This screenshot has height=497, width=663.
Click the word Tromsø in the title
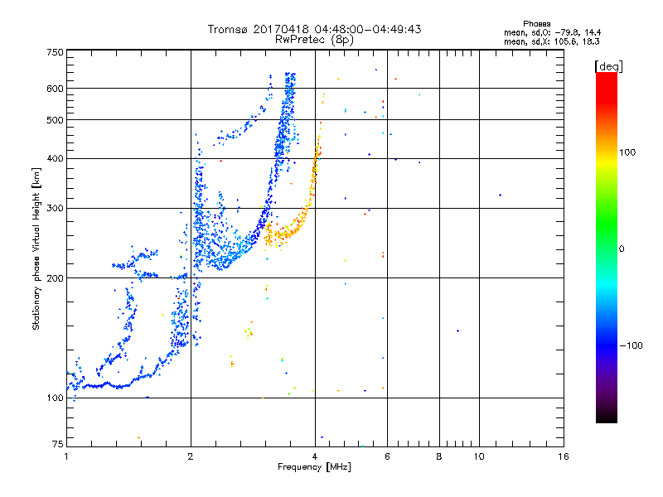(229, 29)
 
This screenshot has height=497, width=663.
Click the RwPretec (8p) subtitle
(314, 40)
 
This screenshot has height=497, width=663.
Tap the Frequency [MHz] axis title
(314, 467)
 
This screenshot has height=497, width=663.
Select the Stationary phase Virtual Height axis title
(36, 249)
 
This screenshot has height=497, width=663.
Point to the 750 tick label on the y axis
(55, 52)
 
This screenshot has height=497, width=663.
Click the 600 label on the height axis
(55, 89)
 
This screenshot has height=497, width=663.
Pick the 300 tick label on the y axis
(55, 209)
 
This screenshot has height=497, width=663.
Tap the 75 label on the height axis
(58, 444)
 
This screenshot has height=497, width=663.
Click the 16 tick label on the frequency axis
(564, 456)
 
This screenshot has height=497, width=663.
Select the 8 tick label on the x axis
(439, 456)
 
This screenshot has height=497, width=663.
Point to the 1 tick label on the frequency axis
(66, 456)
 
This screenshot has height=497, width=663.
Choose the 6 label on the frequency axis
(387, 456)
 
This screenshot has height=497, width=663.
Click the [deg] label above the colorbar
(608, 67)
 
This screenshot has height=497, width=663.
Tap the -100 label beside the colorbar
(631, 345)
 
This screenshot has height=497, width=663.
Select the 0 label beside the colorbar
(622, 249)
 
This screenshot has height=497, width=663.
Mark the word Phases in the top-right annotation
(536, 24)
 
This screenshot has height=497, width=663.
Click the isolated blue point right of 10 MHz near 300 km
(501, 195)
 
